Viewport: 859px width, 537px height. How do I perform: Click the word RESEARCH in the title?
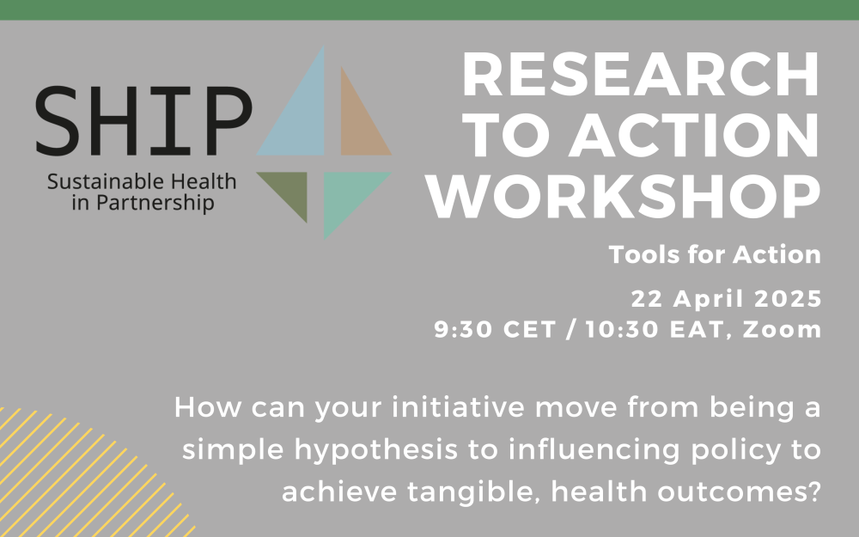pos(641,75)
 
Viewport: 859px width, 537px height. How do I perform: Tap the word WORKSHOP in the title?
pos(624,198)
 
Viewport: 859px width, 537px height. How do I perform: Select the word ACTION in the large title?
pos(694,137)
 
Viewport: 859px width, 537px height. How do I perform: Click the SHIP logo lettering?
pos(144,121)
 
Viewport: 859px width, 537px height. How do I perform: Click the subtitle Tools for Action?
pos(715,255)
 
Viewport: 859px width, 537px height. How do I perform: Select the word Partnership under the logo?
pos(155,204)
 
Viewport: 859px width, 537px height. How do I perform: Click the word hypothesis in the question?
pos(376,450)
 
